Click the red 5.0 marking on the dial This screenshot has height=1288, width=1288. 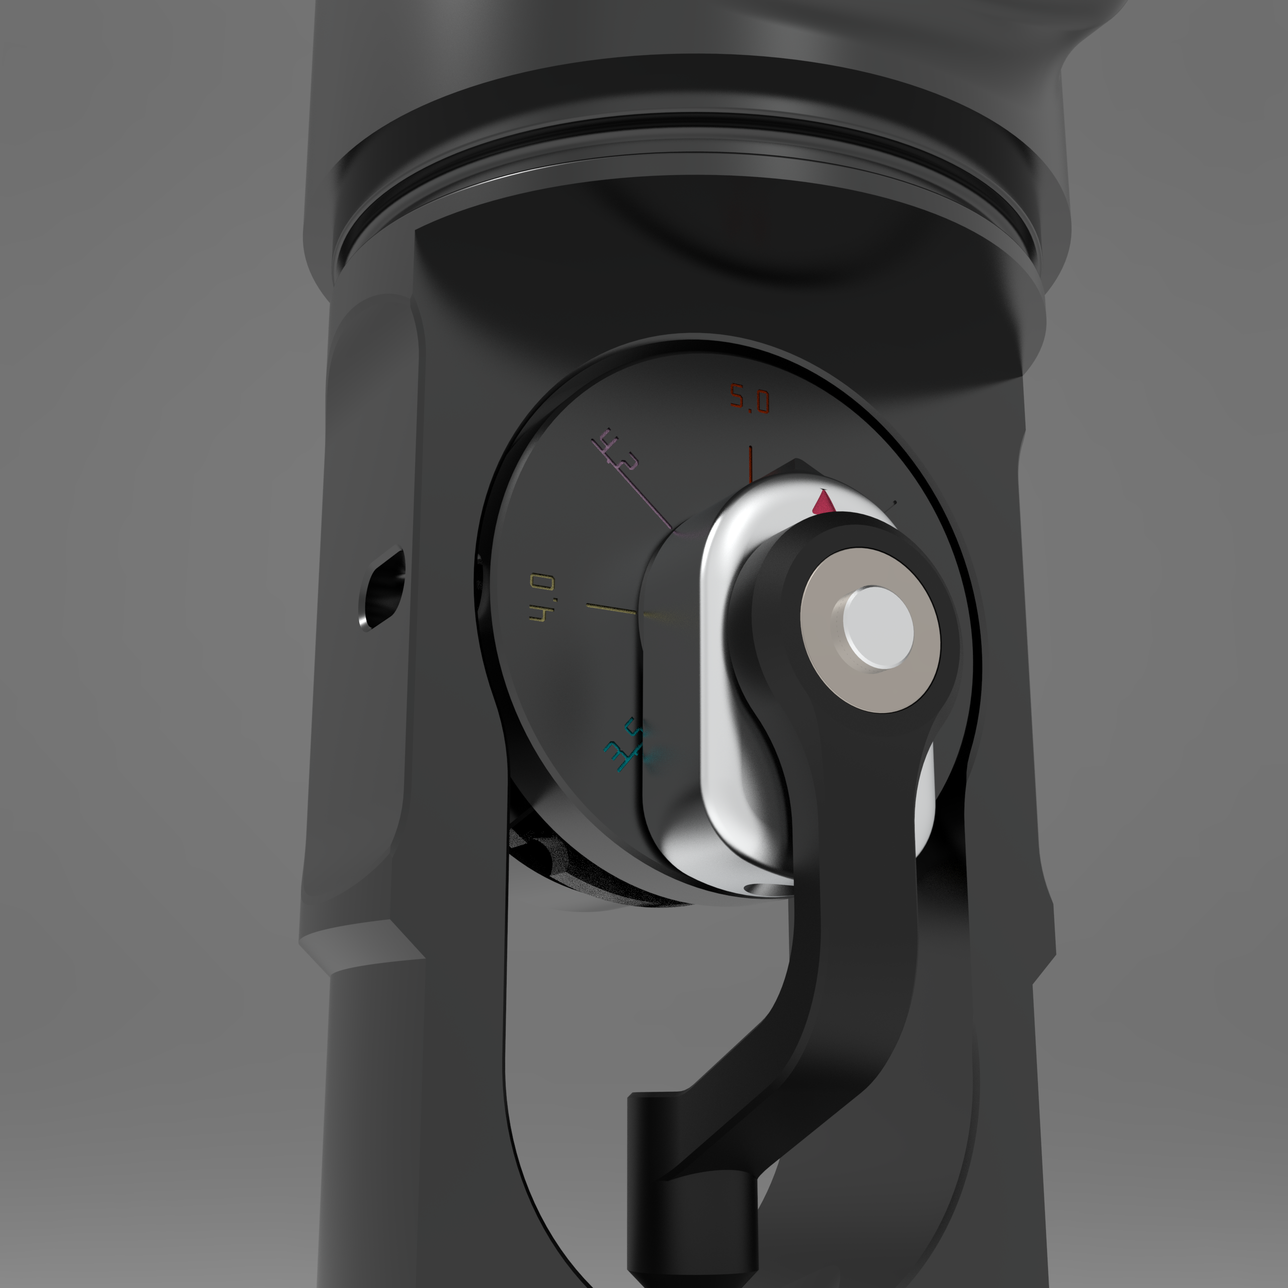[749, 398]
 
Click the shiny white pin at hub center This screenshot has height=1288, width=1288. [877, 628]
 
